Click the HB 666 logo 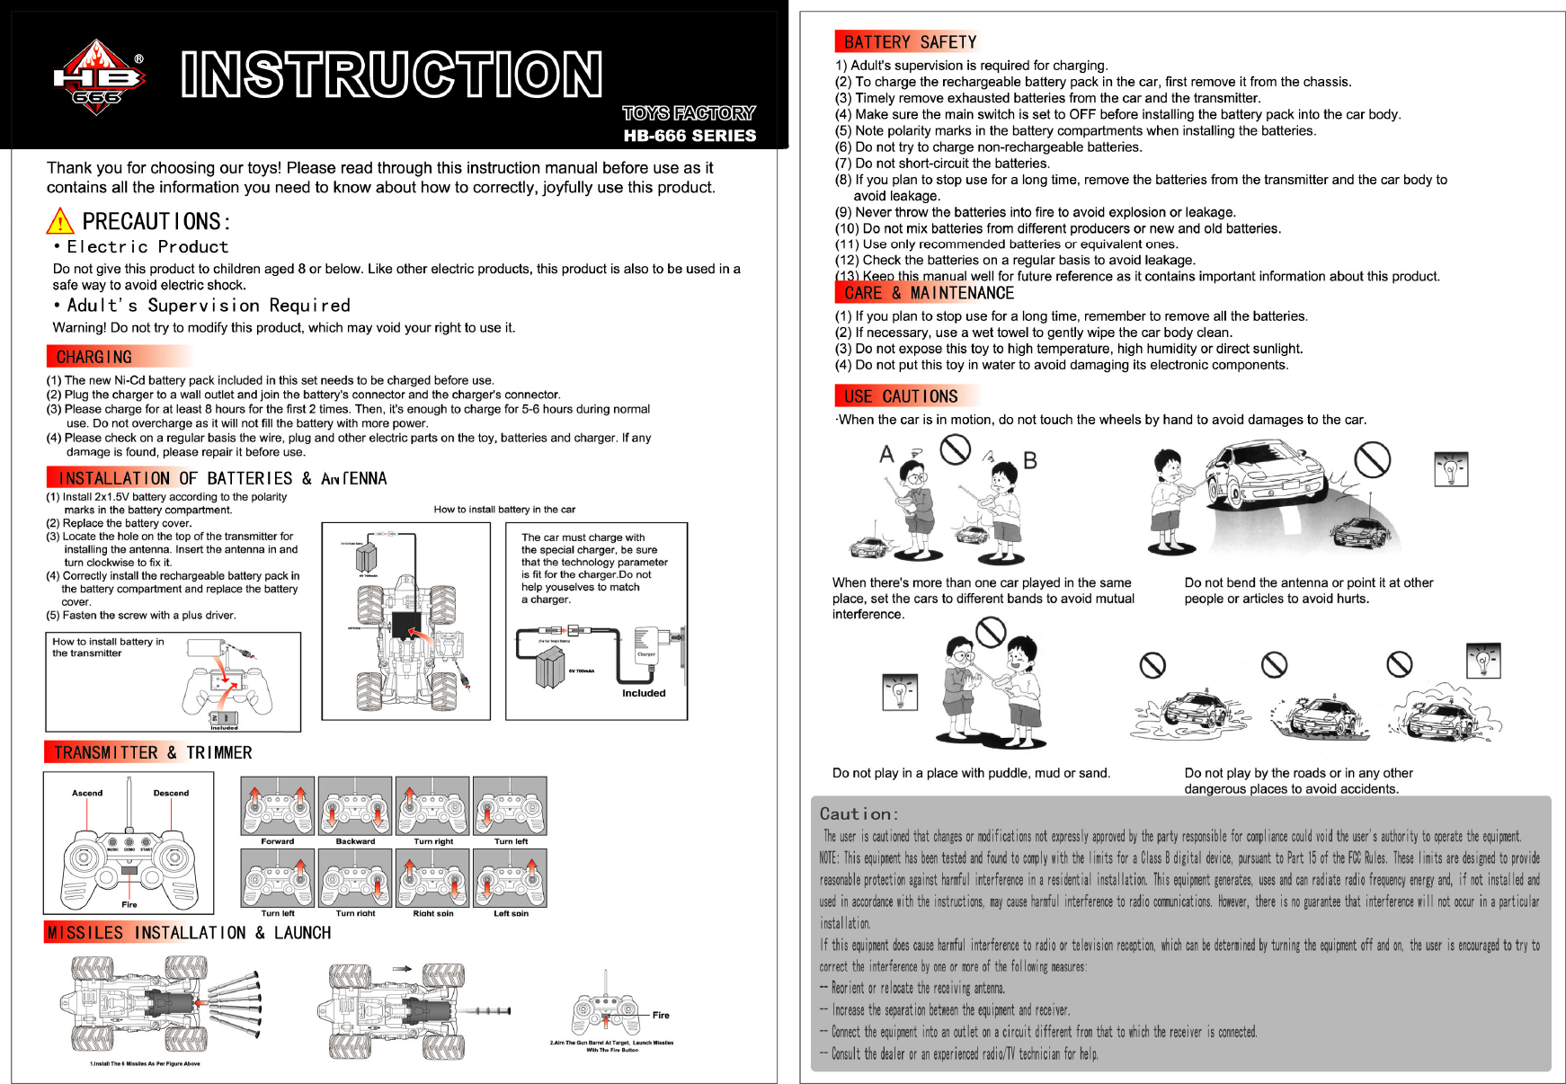(x=97, y=77)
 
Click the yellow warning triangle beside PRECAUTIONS (x=59, y=221)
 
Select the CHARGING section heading (x=93, y=357)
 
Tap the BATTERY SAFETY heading (x=909, y=42)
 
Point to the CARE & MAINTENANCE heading (x=928, y=293)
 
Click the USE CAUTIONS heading (x=900, y=396)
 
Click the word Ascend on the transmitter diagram (x=87, y=793)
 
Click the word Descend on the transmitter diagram (x=171, y=793)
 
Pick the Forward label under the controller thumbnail (x=277, y=841)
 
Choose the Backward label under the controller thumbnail (x=355, y=841)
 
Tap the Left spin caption (x=511, y=913)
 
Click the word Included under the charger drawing (x=644, y=693)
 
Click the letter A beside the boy (x=887, y=454)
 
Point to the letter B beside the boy (x=1030, y=460)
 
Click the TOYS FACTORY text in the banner (x=689, y=113)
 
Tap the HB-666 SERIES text (x=690, y=136)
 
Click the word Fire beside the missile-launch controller (x=661, y=1015)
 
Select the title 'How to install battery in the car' (x=504, y=510)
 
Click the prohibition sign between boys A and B (x=955, y=449)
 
